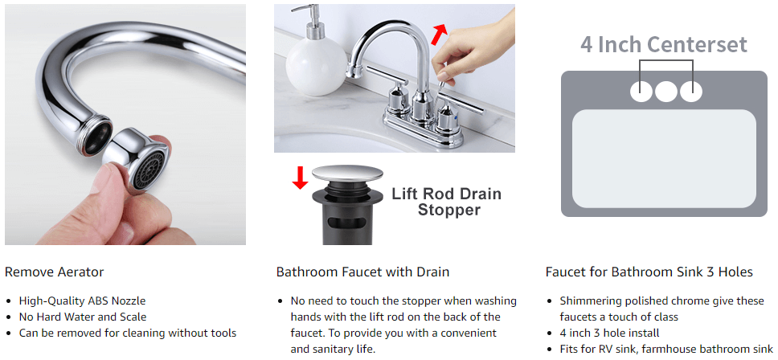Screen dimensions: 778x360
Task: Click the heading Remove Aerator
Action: pos(54,272)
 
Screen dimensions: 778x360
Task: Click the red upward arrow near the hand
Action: pos(439,35)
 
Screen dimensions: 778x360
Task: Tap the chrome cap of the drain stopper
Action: pos(347,174)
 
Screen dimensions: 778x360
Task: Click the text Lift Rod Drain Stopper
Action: pos(447,202)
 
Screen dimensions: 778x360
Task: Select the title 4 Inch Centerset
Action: pos(664,45)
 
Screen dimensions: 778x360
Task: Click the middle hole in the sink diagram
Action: pos(665,91)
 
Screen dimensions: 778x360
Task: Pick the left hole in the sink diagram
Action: pos(641,91)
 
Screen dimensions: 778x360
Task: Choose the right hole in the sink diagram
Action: pos(690,91)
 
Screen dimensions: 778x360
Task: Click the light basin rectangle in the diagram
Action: pos(664,158)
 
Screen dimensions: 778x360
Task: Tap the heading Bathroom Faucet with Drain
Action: pos(362,272)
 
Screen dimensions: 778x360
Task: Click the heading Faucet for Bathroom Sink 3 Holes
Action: pos(649,272)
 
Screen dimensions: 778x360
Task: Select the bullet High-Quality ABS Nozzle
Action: pos(82,301)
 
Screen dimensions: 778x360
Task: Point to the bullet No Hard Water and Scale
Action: pos(83,317)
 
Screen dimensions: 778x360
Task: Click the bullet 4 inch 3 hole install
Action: pos(609,333)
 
